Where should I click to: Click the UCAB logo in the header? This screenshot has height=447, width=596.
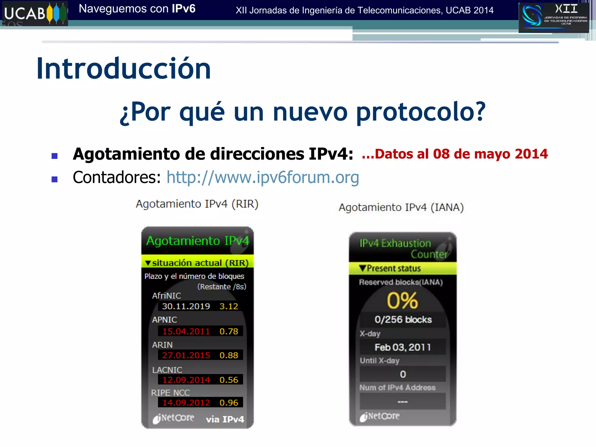click(34, 13)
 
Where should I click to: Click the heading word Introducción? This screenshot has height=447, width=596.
click(123, 69)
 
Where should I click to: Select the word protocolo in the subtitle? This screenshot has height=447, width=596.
click(421, 112)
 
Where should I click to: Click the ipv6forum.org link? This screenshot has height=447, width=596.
click(262, 177)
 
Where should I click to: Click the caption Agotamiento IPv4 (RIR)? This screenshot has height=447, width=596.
click(197, 204)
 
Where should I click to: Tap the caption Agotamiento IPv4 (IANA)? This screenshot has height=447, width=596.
click(401, 207)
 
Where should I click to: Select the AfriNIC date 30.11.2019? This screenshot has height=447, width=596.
click(186, 306)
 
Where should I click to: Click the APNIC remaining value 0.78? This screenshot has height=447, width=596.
click(229, 331)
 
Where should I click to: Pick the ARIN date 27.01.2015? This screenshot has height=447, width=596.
click(186, 355)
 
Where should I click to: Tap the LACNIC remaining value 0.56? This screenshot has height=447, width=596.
click(229, 380)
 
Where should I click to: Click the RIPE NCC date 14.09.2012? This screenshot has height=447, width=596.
click(186, 402)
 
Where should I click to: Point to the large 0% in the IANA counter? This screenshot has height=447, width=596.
click(402, 301)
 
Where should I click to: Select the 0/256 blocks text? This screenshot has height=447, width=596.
click(403, 320)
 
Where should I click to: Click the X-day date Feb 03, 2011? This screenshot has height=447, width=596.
click(402, 347)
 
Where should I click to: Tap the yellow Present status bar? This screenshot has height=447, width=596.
click(402, 268)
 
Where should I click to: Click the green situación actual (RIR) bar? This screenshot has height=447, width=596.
click(197, 262)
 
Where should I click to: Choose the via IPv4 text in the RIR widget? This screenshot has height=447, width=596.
click(225, 419)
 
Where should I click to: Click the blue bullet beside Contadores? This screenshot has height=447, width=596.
click(54, 179)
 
